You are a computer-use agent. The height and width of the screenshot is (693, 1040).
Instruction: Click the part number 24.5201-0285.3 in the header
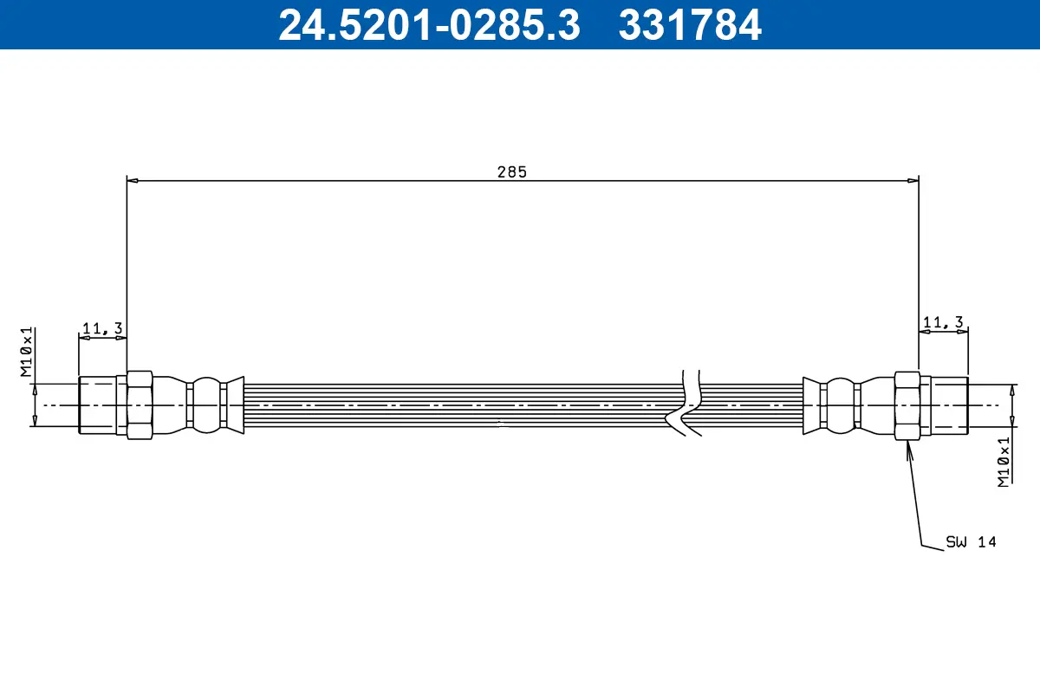click(x=428, y=24)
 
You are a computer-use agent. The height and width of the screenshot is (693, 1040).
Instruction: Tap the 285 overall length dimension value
click(x=511, y=172)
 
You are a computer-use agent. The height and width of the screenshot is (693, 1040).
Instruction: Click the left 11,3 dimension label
click(x=102, y=327)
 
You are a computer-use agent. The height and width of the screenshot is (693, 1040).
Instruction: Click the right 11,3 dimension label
click(x=943, y=322)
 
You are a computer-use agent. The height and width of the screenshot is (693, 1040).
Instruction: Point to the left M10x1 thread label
click(x=26, y=353)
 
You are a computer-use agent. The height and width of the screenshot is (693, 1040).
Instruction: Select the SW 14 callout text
click(x=971, y=542)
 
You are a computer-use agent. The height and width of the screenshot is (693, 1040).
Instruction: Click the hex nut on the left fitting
click(x=140, y=405)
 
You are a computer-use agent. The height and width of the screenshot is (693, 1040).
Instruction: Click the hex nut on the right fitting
click(x=907, y=405)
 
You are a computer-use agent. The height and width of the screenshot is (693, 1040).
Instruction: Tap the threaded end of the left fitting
click(x=97, y=405)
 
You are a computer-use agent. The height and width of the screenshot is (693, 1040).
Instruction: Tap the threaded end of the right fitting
click(x=950, y=405)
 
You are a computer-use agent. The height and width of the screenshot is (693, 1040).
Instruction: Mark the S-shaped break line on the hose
click(x=685, y=403)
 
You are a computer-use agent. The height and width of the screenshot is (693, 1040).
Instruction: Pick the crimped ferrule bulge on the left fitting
click(x=206, y=405)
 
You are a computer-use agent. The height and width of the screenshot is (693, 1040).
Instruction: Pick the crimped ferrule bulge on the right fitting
click(x=840, y=405)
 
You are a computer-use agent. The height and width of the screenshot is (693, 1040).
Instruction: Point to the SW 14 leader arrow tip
click(x=907, y=443)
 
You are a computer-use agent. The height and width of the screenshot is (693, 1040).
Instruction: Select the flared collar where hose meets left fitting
click(x=234, y=405)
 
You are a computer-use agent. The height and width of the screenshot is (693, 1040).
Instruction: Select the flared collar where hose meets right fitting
click(x=811, y=405)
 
